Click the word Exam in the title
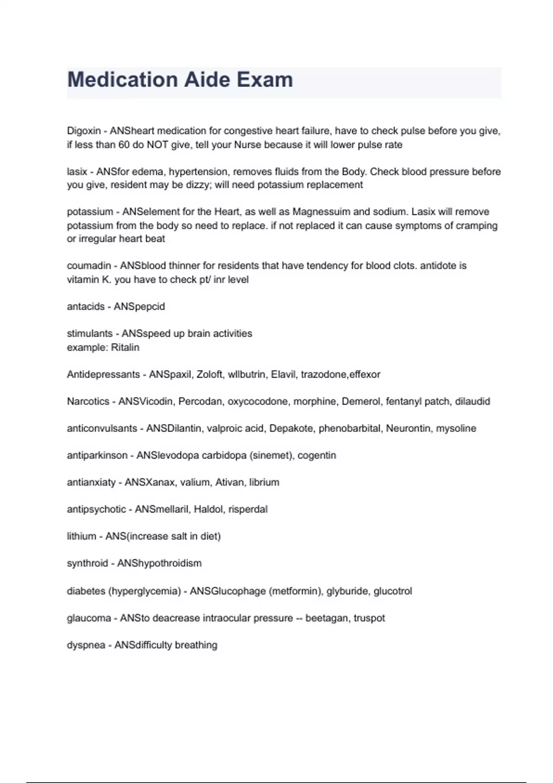point(265,80)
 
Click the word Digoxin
point(84,131)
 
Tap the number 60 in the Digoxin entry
point(124,145)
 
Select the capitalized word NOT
point(158,145)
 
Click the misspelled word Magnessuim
point(321,212)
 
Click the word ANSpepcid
point(139,307)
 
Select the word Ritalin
point(125,347)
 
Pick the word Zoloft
point(209,374)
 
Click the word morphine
point(315,402)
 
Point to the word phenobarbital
point(350,428)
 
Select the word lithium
point(82,537)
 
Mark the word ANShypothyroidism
point(159,563)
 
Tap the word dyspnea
point(86,645)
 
